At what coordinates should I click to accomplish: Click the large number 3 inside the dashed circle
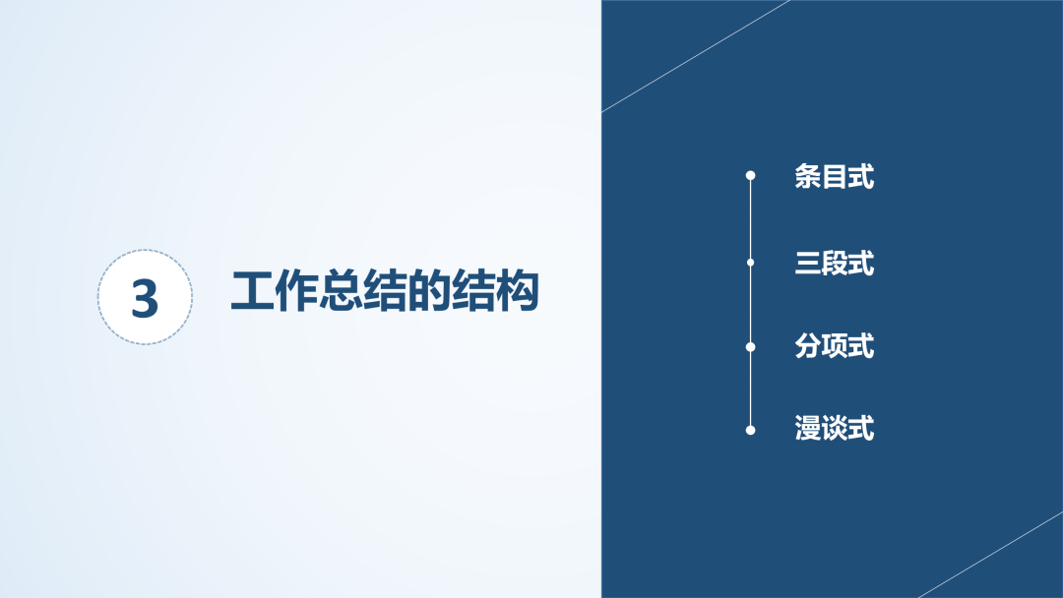pyautogui.click(x=145, y=298)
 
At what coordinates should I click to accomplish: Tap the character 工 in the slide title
pyautogui.click(x=252, y=291)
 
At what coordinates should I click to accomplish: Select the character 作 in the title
pyautogui.click(x=296, y=291)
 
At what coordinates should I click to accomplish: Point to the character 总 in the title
pyautogui.click(x=341, y=291)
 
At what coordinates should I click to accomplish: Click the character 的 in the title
pyautogui.click(x=428, y=291)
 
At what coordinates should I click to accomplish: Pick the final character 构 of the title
pyautogui.click(x=517, y=291)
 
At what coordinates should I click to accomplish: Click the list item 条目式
pyautogui.click(x=835, y=176)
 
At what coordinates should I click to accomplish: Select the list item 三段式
pyautogui.click(x=835, y=263)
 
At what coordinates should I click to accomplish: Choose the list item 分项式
pyautogui.click(x=835, y=346)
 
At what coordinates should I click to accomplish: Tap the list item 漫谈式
pyautogui.click(x=835, y=429)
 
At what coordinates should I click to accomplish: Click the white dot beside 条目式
pyautogui.click(x=750, y=175)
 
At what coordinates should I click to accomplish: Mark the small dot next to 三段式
pyautogui.click(x=750, y=263)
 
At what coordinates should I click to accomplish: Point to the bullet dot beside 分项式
pyautogui.click(x=750, y=347)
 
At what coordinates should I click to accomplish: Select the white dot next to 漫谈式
pyautogui.click(x=750, y=430)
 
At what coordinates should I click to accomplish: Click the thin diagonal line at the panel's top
pyautogui.click(x=696, y=55)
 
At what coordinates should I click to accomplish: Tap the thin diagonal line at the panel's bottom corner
pyautogui.click(x=991, y=555)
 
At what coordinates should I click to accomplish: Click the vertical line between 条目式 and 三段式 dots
pyautogui.click(x=750, y=219)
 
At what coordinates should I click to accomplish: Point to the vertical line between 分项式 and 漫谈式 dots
pyautogui.click(x=750, y=389)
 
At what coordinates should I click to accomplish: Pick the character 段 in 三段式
pyautogui.click(x=835, y=263)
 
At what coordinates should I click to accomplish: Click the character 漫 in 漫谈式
pyautogui.click(x=807, y=429)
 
